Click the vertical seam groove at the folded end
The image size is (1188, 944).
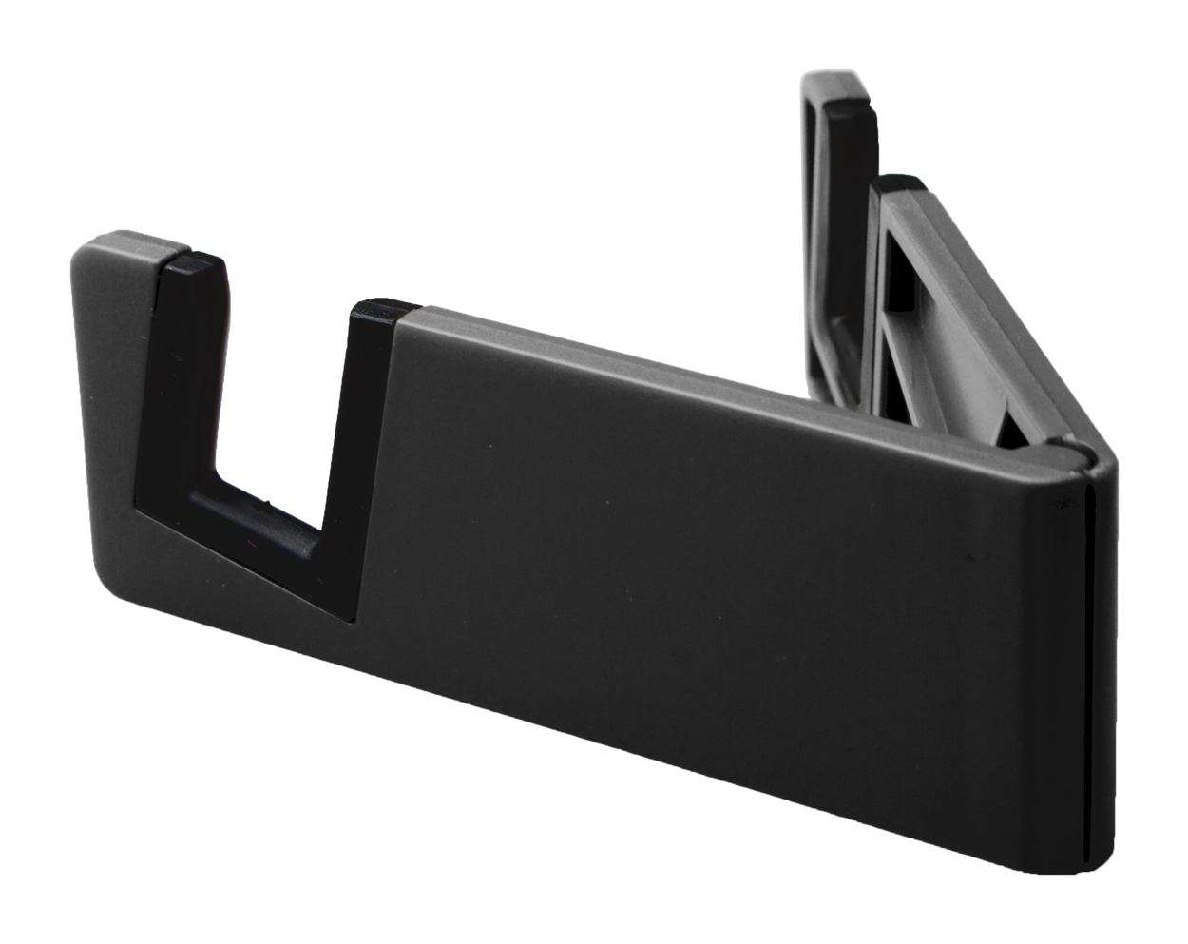(x=1084, y=665)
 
